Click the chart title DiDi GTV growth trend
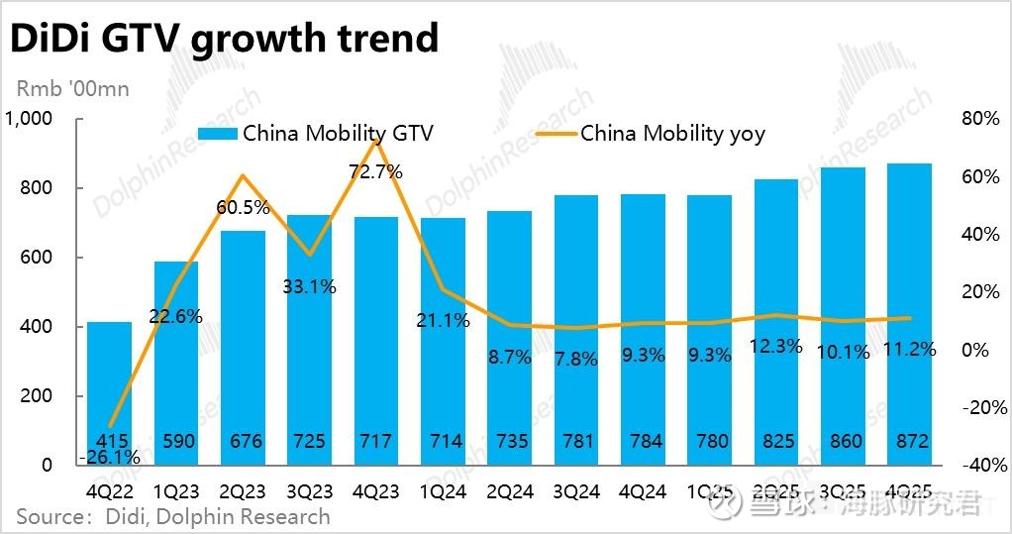[224, 38]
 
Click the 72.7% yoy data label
[376, 171]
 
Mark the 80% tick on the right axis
[980, 119]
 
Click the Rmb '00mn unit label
[72, 89]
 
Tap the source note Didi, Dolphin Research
[172, 516]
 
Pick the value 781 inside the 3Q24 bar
[577, 441]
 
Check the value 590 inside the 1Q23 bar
[176, 441]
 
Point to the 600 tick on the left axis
[37, 258]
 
